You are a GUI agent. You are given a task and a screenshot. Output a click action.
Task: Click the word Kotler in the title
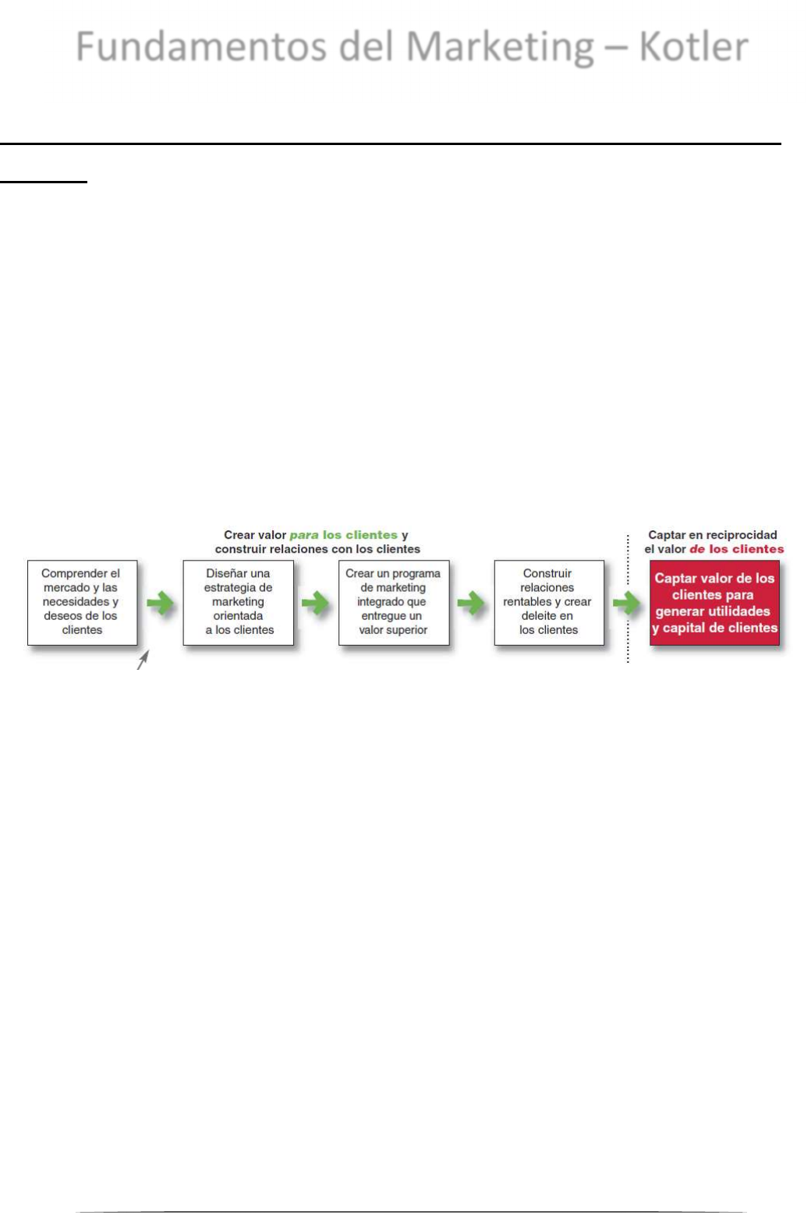coord(693,47)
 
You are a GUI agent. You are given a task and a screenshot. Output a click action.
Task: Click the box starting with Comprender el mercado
coord(82,602)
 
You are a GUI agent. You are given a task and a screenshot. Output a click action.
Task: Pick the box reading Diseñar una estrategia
coord(238,602)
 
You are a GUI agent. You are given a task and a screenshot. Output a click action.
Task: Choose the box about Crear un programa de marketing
coord(393,602)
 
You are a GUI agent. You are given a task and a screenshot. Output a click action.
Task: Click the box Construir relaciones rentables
coord(548,602)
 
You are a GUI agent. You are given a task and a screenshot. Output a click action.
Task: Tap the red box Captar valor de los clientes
coord(714,603)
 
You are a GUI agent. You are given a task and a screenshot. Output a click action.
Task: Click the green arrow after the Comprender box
coord(161,603)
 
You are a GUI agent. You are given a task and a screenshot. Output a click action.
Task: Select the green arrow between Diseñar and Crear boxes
coord(316,603)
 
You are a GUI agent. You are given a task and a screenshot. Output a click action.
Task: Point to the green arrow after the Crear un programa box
coord(471,603)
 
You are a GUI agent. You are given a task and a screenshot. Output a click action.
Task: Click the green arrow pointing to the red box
coord(626,603)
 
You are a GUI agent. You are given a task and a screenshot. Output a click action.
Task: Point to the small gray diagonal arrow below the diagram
coord(143,661)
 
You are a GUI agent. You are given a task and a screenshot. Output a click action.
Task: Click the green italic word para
coord(304,535)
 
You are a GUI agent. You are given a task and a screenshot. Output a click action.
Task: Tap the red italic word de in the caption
coord(697,549)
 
